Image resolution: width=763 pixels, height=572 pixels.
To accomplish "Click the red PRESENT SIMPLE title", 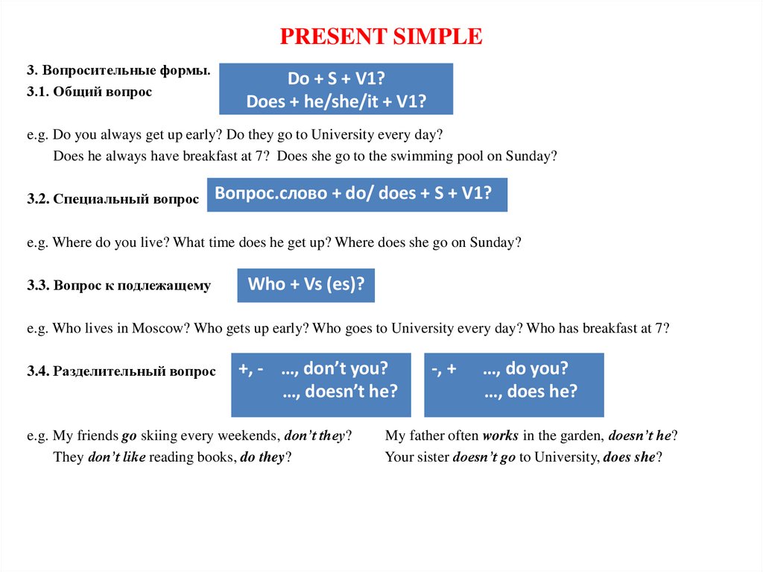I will coord(381,36).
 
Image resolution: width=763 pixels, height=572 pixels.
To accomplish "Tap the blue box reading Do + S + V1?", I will coord(335,89).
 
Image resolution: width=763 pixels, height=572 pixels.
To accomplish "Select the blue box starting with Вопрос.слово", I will coord(356,194).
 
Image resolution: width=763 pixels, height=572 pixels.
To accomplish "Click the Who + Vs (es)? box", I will coord(305,284).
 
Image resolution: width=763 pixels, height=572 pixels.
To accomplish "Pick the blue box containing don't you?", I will coord(320,384).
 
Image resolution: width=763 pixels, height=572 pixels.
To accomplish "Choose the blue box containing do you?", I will coord(513,384).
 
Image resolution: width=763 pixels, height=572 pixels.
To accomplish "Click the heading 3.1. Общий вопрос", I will coord(89,92).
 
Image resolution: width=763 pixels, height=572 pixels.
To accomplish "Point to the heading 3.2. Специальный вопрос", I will coord(113,199).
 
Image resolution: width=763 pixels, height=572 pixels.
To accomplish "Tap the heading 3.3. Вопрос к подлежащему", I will coord(118,286).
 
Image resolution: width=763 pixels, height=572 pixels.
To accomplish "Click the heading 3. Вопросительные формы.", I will coord(118,71).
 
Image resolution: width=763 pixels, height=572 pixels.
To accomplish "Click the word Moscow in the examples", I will coord(156,328).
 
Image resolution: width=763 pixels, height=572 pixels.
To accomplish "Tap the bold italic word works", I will coord(500,436).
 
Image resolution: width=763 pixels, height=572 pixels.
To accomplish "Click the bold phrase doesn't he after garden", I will coord(641,436).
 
